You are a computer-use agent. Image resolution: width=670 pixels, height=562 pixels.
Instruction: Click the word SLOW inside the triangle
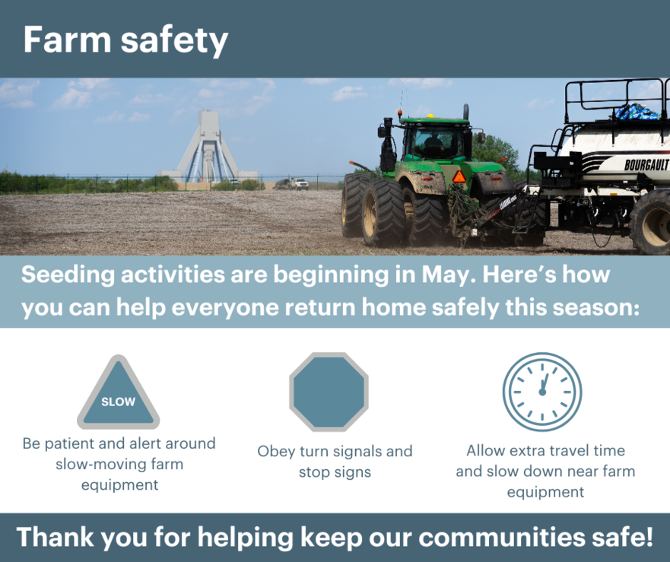tap(118, 402)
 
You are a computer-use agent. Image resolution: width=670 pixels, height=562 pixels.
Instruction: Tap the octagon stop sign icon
tap(329, 392)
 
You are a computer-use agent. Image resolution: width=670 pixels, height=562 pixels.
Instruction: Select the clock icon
tap(542, 392)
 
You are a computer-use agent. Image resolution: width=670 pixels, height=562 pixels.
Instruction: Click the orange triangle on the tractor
tap(459, 176)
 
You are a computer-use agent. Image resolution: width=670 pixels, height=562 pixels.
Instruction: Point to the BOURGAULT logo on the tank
tap(646, 164)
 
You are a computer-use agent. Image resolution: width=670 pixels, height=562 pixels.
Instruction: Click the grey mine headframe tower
tap(208, 146)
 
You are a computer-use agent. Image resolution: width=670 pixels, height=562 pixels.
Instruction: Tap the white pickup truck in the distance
tap(300, 184)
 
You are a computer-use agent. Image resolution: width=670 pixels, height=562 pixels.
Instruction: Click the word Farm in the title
tap(67, 40)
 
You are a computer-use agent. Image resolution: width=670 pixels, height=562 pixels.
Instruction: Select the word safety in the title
tap(174, 42)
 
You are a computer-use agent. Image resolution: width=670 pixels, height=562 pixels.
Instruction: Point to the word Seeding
tap(68, 275)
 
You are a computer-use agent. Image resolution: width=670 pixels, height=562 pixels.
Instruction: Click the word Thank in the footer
tap(55, 536)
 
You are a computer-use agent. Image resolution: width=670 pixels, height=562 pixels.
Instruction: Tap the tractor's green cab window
tap(433, 143)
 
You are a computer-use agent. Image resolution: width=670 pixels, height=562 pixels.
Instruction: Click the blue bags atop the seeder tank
tap(637, 112)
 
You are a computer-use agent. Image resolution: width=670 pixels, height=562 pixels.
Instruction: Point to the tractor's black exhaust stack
tap(465, 112)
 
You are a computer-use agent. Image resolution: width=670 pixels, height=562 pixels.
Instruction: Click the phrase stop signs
tap(335, 472)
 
